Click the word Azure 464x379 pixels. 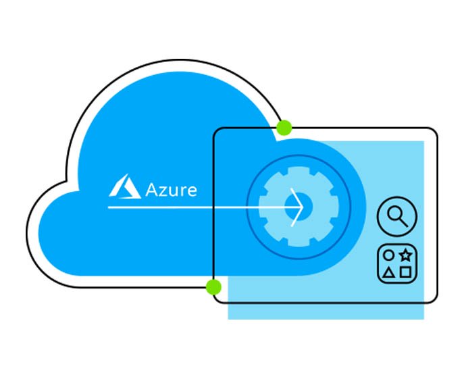tap(171, 188)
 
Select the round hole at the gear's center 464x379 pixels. tap(302, 203)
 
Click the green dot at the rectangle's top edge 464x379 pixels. tap(284, 127)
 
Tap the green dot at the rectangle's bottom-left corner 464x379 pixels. tap(213, 287)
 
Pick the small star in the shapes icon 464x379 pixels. tap(405, 255)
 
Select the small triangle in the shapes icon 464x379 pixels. tap(388, 273)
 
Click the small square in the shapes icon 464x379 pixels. tap(405, 273)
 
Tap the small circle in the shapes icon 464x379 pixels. tap(388, 255)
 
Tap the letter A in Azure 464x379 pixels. tap(152, 188)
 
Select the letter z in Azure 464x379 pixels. tap(164, 191)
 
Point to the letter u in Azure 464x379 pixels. tap(174, 191)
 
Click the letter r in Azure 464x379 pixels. tap(183, 191)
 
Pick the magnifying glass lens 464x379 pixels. tap(394, 214)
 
